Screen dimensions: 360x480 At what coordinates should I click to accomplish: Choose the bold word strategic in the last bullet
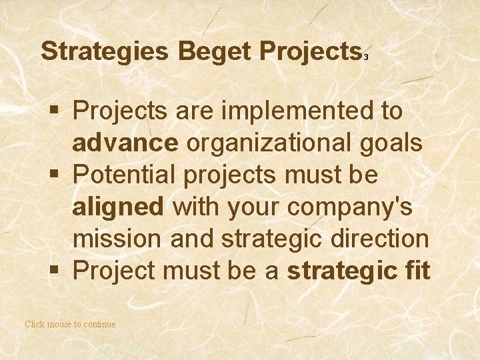338,271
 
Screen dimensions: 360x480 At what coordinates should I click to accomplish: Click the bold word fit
414,271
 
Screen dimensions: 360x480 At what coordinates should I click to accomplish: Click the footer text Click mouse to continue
70,325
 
